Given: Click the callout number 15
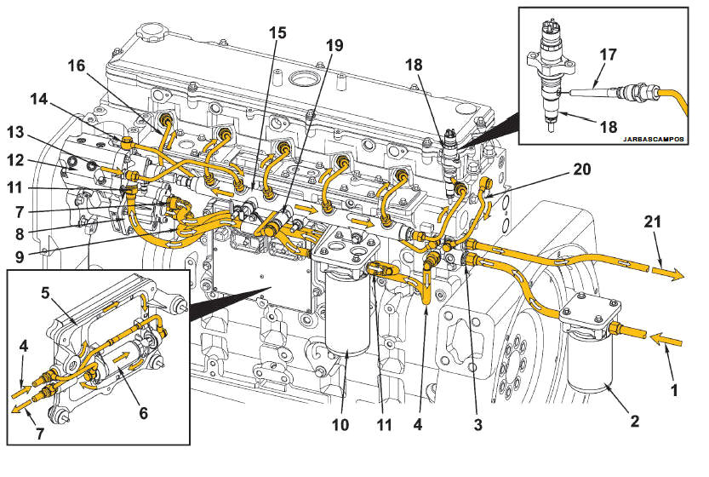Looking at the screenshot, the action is pos(277,33).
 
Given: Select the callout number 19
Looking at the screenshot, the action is pos(334,45).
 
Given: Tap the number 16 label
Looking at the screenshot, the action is pos(77,66).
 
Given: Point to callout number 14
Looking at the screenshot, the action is pos(39,99).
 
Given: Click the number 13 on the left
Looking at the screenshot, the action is pos(15,133).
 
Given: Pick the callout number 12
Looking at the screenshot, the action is pos(15,160).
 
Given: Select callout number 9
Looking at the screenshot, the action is pos(19,256).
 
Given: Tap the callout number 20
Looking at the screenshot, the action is pos(582,170).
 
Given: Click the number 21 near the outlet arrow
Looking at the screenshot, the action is pos(653,221).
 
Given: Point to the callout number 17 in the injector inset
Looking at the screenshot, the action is pos(609,55).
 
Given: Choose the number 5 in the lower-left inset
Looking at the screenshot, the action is pos(45,293).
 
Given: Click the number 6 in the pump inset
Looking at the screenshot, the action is pos(143,413).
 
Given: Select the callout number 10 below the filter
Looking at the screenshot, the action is pos(340,425).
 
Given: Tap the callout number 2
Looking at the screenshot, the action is pos(635,422).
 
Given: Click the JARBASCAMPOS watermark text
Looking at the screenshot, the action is pos(654,139).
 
